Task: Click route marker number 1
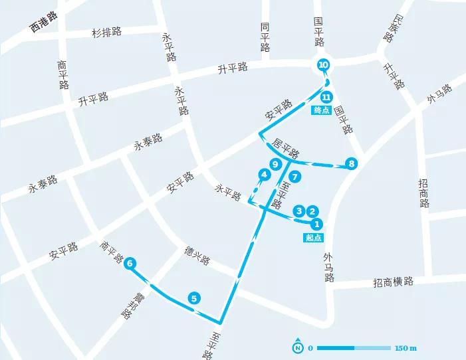(317, 225)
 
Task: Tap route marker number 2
(311, 211)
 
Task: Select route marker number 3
(299, 211)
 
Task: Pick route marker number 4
(265, 175)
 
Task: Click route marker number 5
(193, 298)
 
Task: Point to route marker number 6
(130, 264)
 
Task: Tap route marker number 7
(295, 177)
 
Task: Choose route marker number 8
(352, 163)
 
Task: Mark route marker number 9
(274, 164)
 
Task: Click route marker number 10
(323, 65)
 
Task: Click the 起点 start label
(314, 238)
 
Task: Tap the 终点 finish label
(321, 110)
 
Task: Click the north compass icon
(298, 347)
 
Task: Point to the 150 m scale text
(405, 348)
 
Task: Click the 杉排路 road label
(106, 32)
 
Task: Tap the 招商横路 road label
(393, 282)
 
